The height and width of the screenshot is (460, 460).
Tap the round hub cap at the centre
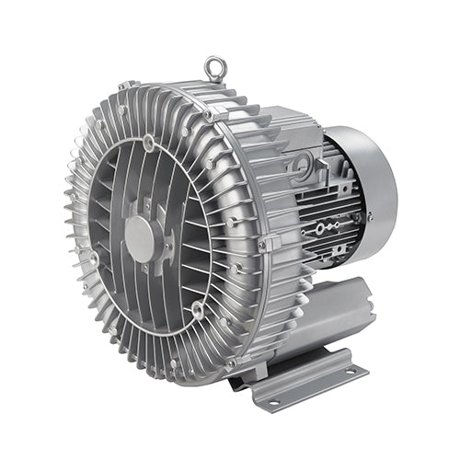[140, 237]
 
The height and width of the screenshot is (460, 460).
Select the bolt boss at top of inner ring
[148, 142]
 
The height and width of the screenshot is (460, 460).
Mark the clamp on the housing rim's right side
[268, 243]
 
